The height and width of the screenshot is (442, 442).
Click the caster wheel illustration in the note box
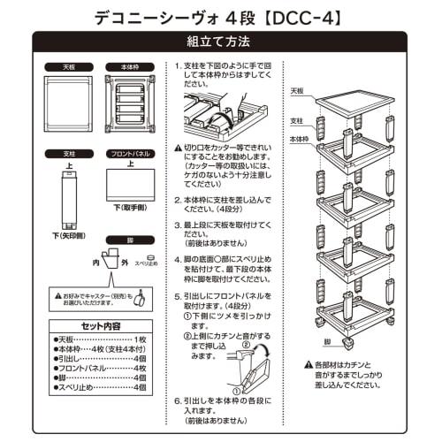[x=139, y=300]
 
